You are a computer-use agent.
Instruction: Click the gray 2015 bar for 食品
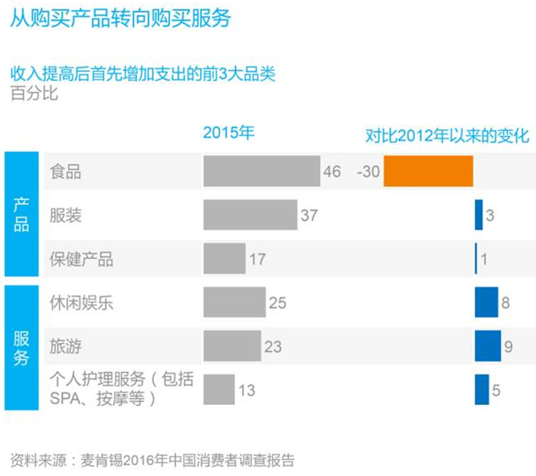coord(261,172)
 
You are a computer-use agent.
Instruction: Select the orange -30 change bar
coord(428,172)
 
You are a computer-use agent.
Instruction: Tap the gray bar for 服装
coord(250,215)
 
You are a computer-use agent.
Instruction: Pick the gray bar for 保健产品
coord(224,259)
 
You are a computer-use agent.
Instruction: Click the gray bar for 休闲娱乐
coord(234,302)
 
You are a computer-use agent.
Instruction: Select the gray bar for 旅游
coord(232,346)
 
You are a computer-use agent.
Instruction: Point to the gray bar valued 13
coord(219,390)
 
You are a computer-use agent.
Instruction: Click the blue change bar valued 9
coord(487,346)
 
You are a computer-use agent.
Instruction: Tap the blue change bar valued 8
coord(486,302)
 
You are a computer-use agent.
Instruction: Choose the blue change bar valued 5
coord(482,390)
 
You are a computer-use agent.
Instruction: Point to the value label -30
coord(369,172)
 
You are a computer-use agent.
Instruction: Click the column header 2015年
coord(228,133)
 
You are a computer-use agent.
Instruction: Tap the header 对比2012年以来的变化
coord(446,134)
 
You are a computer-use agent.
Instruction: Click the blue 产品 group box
coord(21,215)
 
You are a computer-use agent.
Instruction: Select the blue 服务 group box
coord(21,347)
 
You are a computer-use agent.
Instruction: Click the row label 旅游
coord(66,346)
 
